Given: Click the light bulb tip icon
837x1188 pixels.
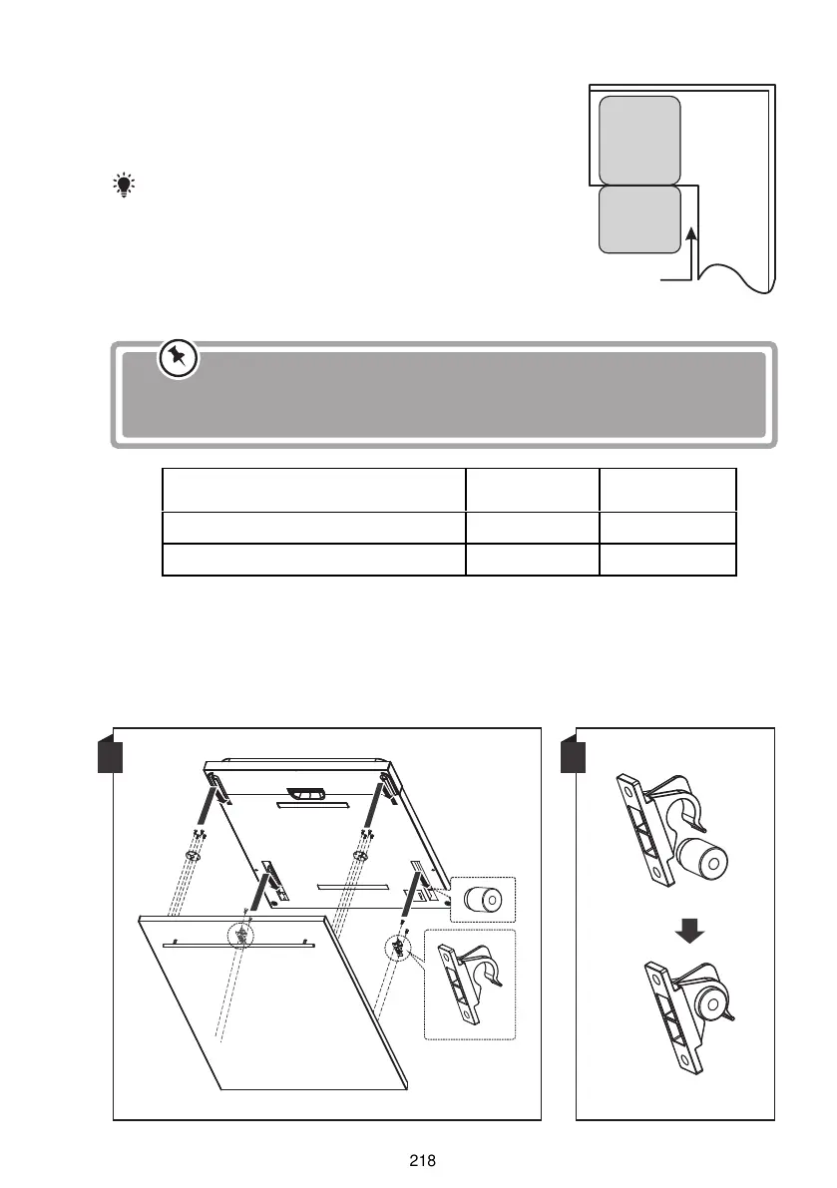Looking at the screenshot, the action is [125, 185].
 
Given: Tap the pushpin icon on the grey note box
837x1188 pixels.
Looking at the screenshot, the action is [179, 360].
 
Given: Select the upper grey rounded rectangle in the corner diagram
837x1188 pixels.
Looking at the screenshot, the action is [639, 140].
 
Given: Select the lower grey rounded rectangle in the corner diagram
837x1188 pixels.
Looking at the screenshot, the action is [639, 219].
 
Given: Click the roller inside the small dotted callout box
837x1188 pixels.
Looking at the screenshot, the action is [482, 901].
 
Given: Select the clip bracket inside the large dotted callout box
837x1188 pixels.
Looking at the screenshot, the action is [467, 985].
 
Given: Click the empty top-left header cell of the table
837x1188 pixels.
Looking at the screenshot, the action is [313, 490].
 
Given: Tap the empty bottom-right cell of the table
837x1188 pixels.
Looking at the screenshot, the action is [667, 560].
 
